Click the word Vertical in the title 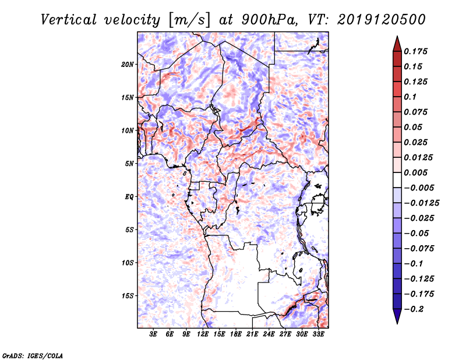point(68,20)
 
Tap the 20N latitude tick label point(128,64)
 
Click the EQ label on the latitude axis point(129,197)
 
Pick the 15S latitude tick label point(128,296)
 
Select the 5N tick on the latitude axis point(129,164)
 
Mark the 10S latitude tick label point(128,263)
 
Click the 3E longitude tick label point(154,335)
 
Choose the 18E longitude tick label point(236,335)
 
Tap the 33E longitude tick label point(318,335)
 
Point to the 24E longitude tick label point(269,335)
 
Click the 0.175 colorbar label point(417,51)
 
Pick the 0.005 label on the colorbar point(417,172)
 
